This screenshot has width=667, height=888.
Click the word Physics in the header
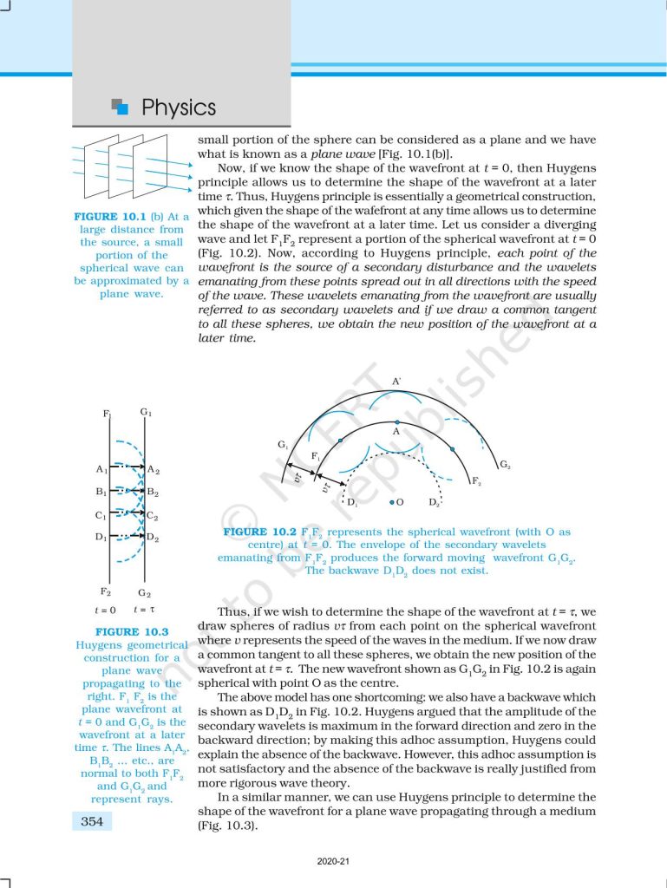[179, 108]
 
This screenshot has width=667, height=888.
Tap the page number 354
[92, 821]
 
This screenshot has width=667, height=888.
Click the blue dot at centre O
[392, 502]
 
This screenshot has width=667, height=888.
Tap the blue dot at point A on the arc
[396, 422]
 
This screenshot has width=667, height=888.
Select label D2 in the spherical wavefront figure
[435, 503]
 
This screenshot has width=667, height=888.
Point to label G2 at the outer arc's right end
[504, 465]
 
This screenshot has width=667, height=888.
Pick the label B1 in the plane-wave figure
[101, 492]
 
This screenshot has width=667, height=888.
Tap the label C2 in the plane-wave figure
[153, 515]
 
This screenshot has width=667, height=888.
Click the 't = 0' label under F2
[107, 610]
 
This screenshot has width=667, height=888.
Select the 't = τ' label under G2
[145, 610]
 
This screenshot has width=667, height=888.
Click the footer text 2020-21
[333, 861]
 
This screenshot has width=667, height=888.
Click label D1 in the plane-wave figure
[101, 537]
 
